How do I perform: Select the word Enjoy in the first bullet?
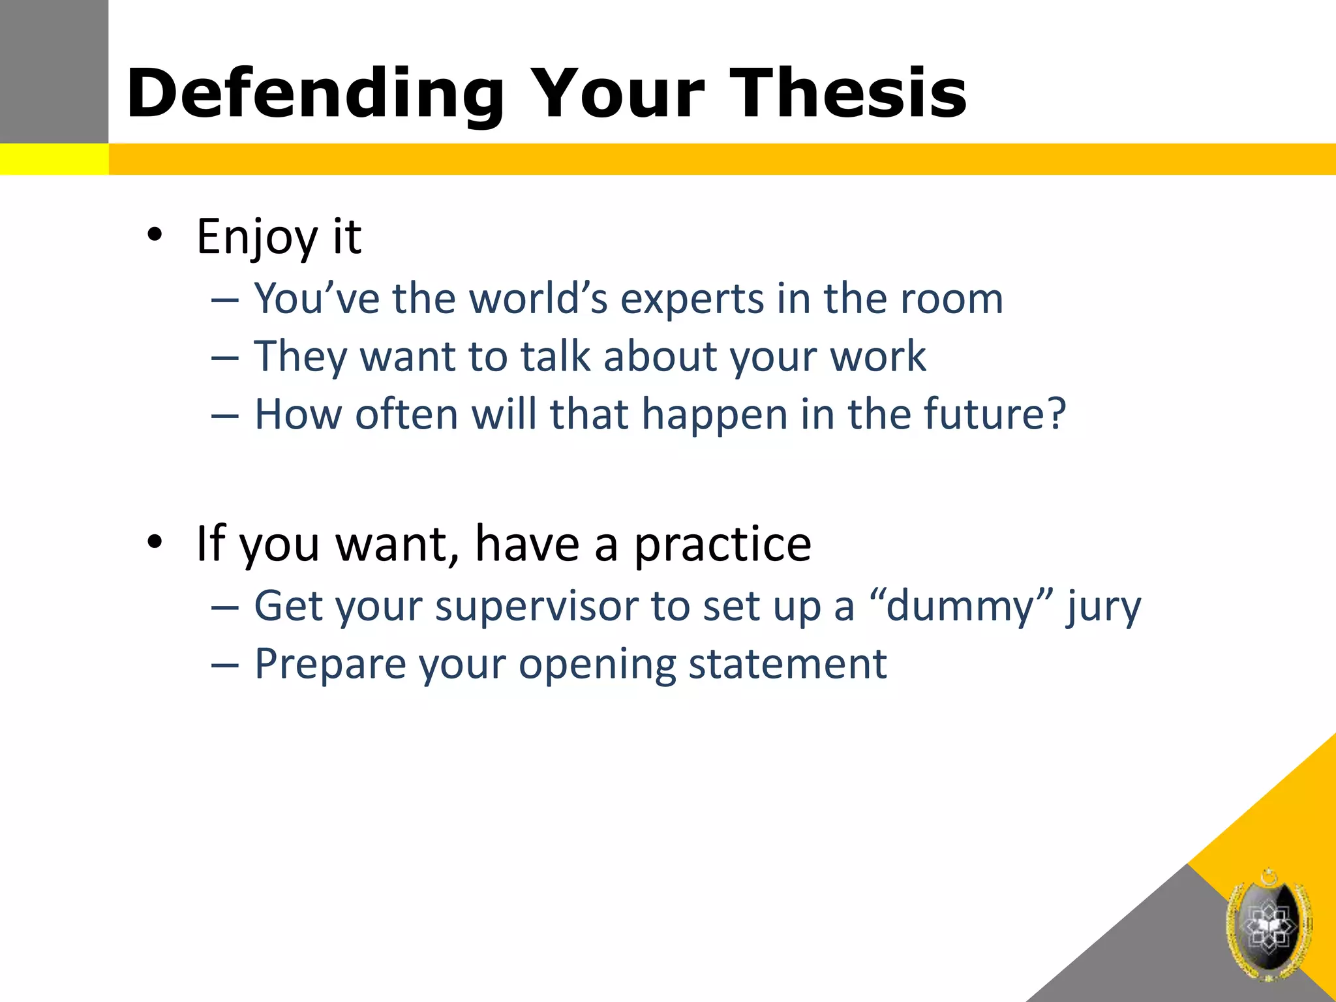tap(256, 236)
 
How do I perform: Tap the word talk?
tap(555, 357)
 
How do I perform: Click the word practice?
tap(722, 544)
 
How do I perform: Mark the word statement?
tap(787, 665)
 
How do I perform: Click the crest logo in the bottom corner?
tap(1268, 925)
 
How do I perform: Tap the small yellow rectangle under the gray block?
tap(53, 159)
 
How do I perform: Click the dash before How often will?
tap(225, 415)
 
